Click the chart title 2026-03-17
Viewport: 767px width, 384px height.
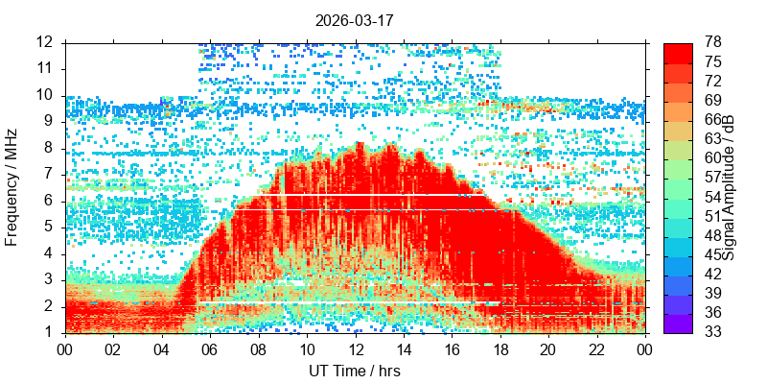coord(355,19)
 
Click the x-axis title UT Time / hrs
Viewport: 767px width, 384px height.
coord(355,371)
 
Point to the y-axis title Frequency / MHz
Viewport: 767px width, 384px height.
coord(12,187)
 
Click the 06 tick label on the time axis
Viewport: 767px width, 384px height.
coord(210,348)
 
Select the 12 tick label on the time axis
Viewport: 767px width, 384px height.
coord(355,348)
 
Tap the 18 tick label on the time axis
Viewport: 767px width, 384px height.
coord(500,348)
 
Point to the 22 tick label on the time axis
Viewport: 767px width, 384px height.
coord(596,348)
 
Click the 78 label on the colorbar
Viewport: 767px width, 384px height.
coord(713,42)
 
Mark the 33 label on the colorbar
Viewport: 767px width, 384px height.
coord(713,332)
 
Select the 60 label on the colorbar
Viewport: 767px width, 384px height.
coord(713,157)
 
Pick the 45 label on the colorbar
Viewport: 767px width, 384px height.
coord(713,254)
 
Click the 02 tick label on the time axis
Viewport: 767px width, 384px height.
coord(113,348)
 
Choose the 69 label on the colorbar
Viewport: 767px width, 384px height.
coord(713,100)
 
